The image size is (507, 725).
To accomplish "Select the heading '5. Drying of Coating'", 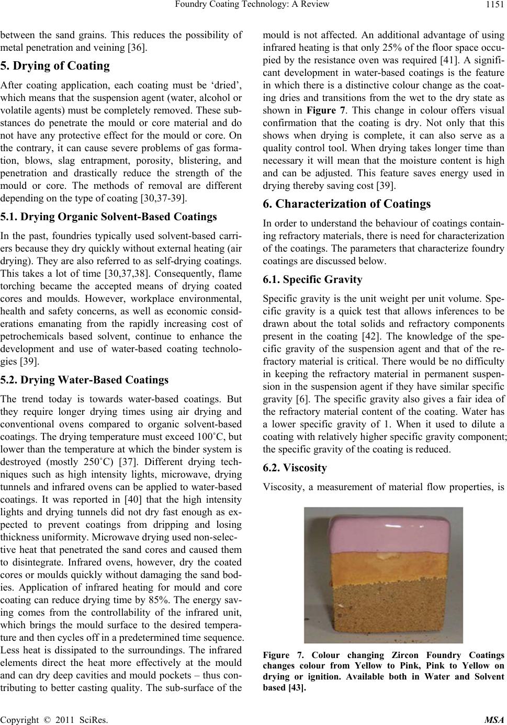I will (54, 66).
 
